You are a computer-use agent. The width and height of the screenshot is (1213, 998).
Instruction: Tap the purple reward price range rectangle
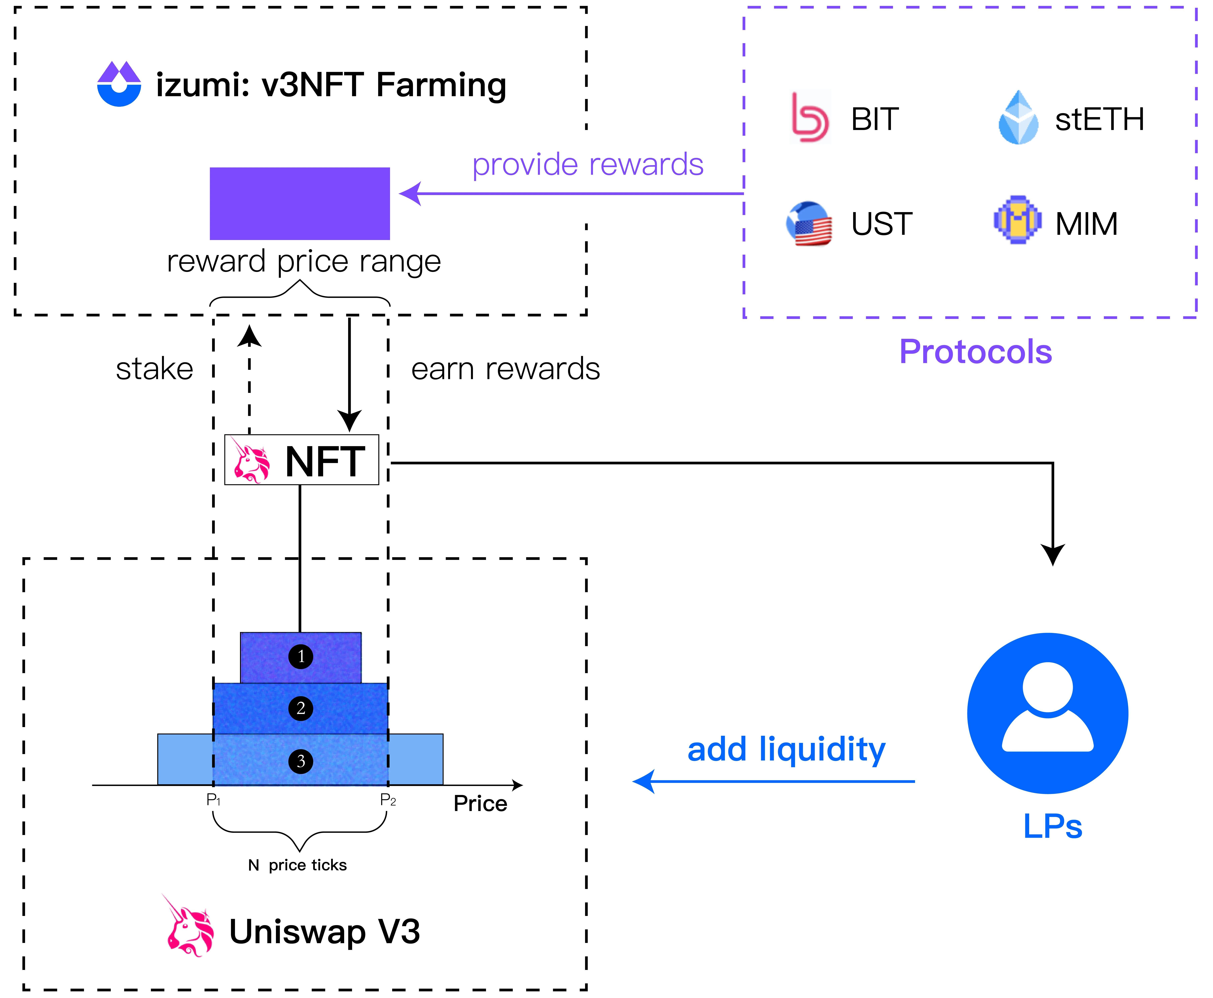299,204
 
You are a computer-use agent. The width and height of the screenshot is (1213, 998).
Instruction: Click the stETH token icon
1018,118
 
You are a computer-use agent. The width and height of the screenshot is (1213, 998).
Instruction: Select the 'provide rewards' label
587,165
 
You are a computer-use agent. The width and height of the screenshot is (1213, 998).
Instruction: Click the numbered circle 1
301,657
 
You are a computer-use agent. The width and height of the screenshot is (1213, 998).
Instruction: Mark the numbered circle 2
301,708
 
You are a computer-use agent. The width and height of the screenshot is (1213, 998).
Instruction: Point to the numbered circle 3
301,761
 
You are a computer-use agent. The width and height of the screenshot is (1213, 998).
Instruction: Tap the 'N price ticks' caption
297,865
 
